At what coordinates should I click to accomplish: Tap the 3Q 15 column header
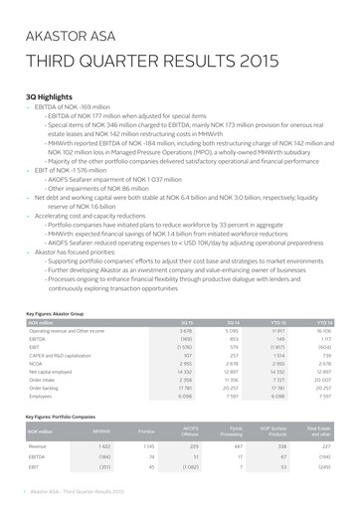(x=186, y=295)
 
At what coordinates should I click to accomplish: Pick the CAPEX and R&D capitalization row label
(x=61, y=324)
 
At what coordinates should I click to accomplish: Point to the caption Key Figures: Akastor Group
(x=62, y=286)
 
